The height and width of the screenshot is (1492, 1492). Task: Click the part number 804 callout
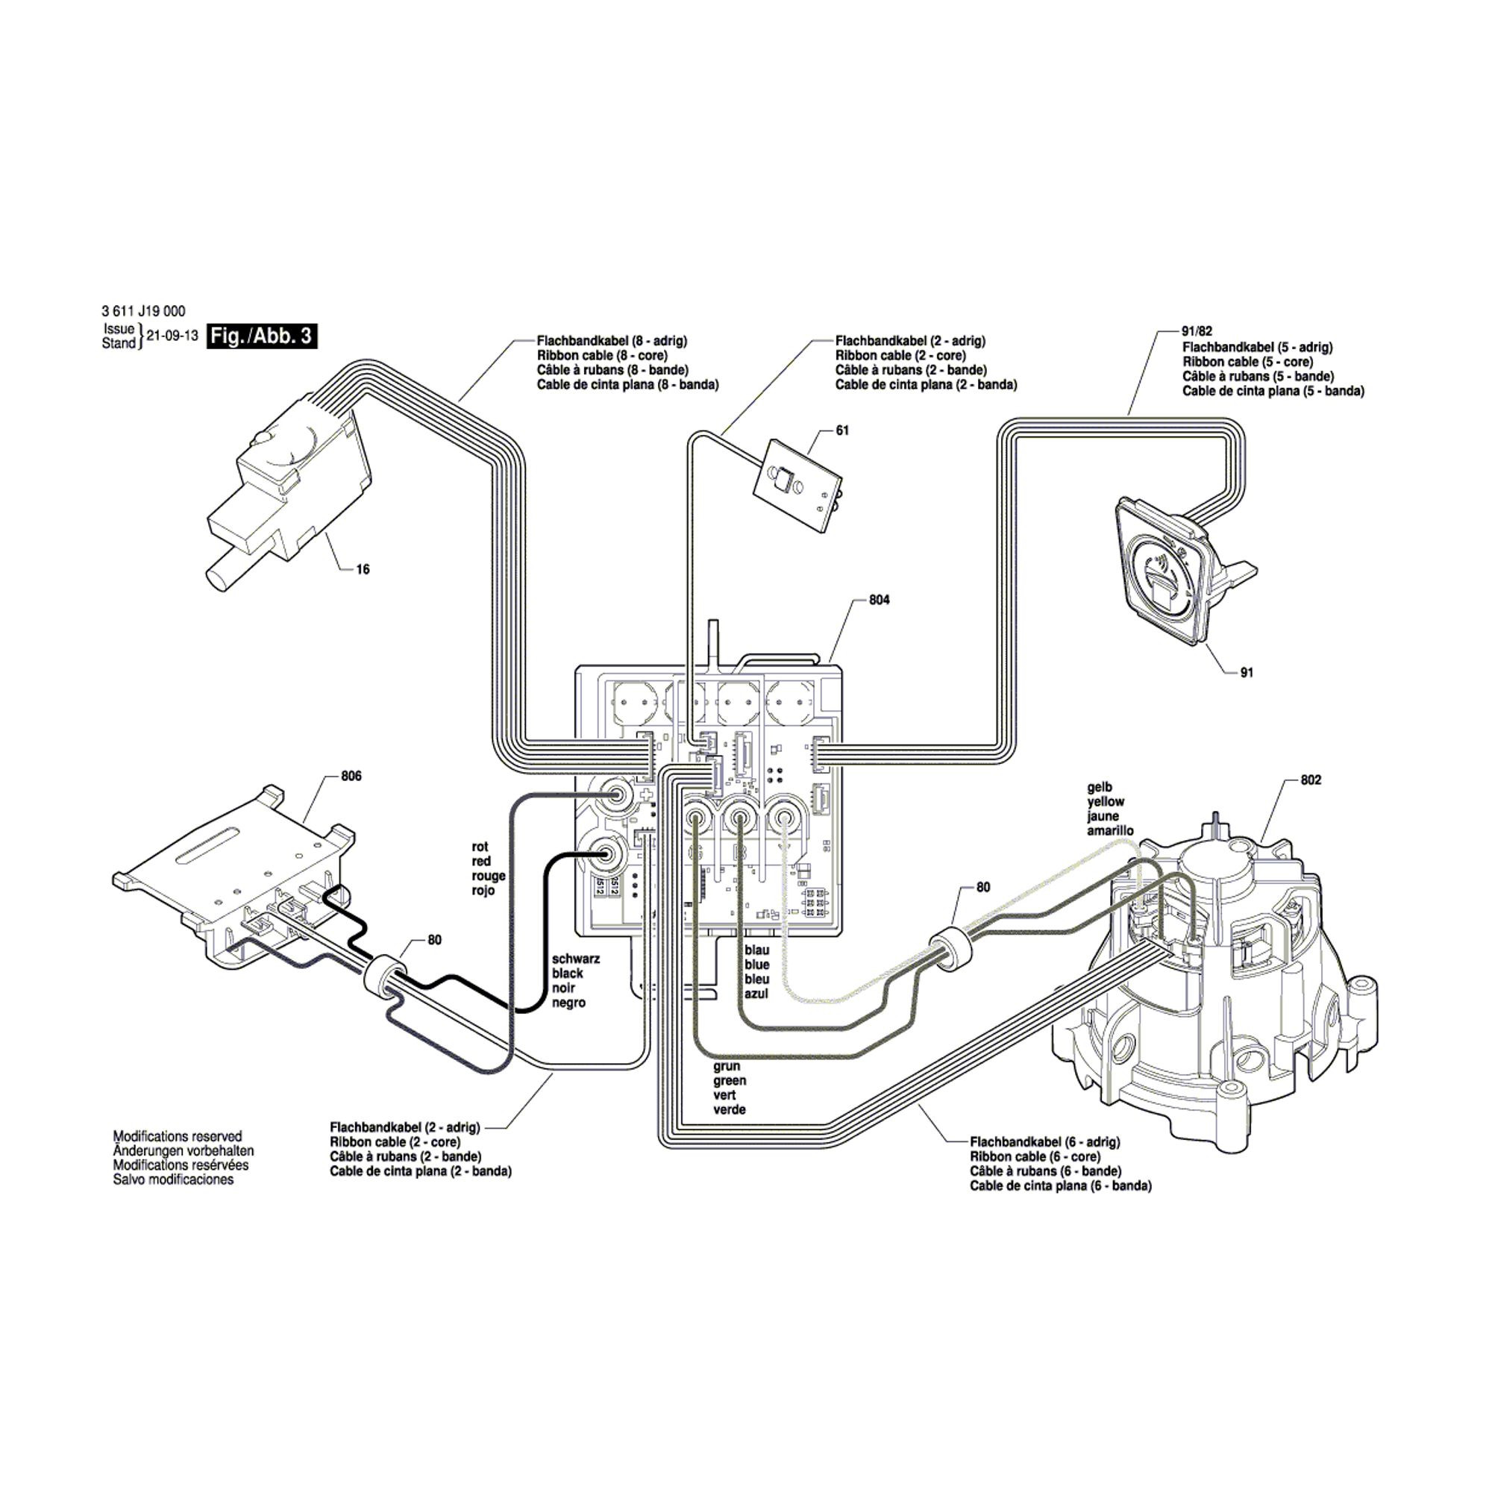coord(879,600)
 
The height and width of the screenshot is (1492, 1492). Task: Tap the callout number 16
coord(363,569)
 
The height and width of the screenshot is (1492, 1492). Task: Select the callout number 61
coord(841,430)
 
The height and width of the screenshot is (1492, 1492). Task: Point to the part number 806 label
coord(351,776)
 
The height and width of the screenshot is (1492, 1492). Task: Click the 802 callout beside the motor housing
coord(1311,780)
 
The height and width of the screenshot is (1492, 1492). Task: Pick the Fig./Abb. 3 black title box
coord(262,336)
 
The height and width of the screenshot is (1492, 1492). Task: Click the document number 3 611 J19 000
coord(144,312)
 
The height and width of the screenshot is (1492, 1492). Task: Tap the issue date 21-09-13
coord(172,336)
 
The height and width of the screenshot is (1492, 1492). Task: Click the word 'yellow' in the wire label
coord(1106,802)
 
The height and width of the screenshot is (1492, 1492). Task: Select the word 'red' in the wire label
coord(481,861)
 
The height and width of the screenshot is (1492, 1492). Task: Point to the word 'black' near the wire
coord(568,973)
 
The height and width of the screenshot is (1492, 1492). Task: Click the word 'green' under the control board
coord(730,1081)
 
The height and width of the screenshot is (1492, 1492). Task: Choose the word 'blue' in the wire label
coord(756,965)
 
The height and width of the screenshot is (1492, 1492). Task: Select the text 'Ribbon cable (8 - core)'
coord(601,355)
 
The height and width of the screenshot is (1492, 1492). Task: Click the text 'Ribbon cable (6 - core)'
coord(1035,1156)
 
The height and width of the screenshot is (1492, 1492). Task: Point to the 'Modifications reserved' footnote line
coord(178,1136)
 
